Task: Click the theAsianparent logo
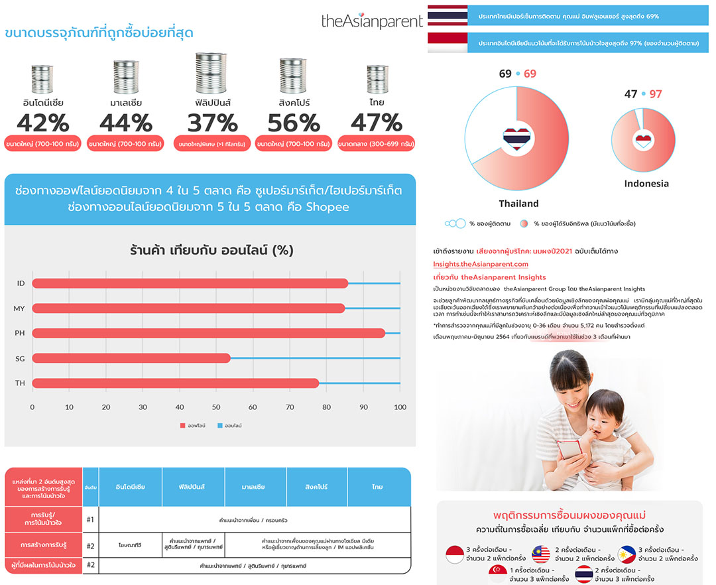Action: coord(371,21)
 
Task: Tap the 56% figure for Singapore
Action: coord(292,123)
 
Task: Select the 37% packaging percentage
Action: coord(213,123)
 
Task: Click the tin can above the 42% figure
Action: coord(42,80)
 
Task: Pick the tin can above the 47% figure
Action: coord(377,80)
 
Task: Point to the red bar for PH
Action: coord(208,333)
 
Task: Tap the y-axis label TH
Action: coord(20,383)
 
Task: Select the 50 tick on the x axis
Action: coord(215,407)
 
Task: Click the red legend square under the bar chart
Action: coord(182,425)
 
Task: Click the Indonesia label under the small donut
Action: coord(646,184)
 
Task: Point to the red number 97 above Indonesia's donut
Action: coord(655,94)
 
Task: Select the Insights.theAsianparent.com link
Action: coord(481,264)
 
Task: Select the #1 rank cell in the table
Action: coord(91,519)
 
